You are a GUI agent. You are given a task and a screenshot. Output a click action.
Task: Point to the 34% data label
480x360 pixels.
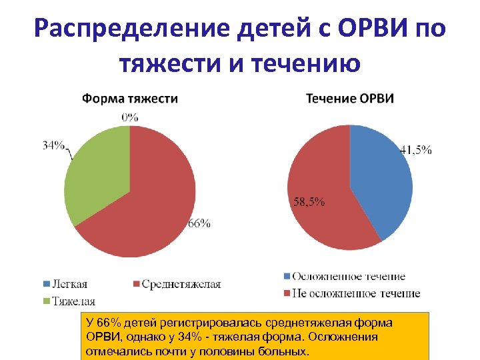tap(53, 145)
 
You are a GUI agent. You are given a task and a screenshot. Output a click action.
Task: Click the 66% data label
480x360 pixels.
tap(199, 223)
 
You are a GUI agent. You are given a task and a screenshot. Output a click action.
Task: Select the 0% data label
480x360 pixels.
tap(129, 117)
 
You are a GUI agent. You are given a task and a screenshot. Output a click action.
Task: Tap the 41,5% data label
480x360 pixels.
tap(415, 150)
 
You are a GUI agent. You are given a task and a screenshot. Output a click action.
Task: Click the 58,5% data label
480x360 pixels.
tap(309, 201)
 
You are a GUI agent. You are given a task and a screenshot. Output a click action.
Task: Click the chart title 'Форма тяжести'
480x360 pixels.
tap(129, 99)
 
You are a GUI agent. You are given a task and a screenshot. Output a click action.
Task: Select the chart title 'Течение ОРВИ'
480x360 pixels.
tap(350, 99)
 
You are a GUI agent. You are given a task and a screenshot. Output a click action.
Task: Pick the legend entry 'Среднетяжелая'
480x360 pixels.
tap(181, 285)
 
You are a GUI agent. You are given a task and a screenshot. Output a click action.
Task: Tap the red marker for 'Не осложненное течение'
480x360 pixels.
tap(287, 293)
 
